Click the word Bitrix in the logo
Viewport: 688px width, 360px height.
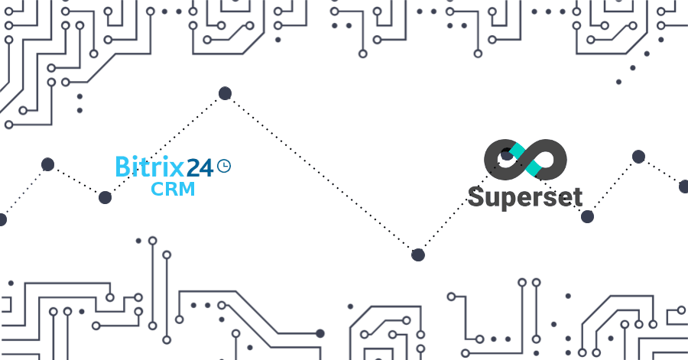pos(150,167)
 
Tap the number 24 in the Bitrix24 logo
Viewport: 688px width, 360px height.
pos(200,167)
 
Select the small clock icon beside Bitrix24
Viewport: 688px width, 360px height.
pos(224,166)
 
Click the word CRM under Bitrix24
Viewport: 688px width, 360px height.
pos(173,189)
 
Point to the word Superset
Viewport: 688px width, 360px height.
pos(525,197)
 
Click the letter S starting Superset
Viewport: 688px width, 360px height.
pos(476,196)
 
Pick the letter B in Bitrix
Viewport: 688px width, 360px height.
pos(122,167)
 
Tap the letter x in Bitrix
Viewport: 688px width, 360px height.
pos(177,169)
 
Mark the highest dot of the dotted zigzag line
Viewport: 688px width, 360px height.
pos(225,93)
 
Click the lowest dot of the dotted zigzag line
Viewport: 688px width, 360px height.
pos(418,255)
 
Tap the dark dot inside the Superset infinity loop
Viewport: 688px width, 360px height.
pos(507,155)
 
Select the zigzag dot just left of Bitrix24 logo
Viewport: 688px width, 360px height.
pos(105,198)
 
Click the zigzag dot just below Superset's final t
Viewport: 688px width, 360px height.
pos(587,216)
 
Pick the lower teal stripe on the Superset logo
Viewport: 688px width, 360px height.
pos(532,169)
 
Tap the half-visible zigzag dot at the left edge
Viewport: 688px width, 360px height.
pos(2,219)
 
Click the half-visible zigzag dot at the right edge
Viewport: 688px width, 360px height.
pos(683,186)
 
